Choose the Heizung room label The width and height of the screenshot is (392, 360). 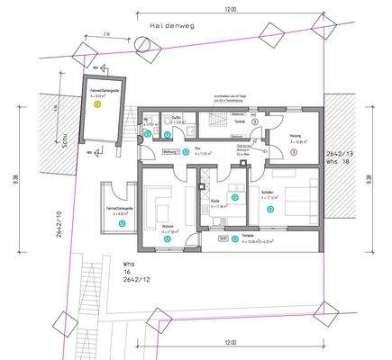point(296,137)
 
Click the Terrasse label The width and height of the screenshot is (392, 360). point(247,237)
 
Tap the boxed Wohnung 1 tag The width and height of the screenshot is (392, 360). point(169,152)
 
